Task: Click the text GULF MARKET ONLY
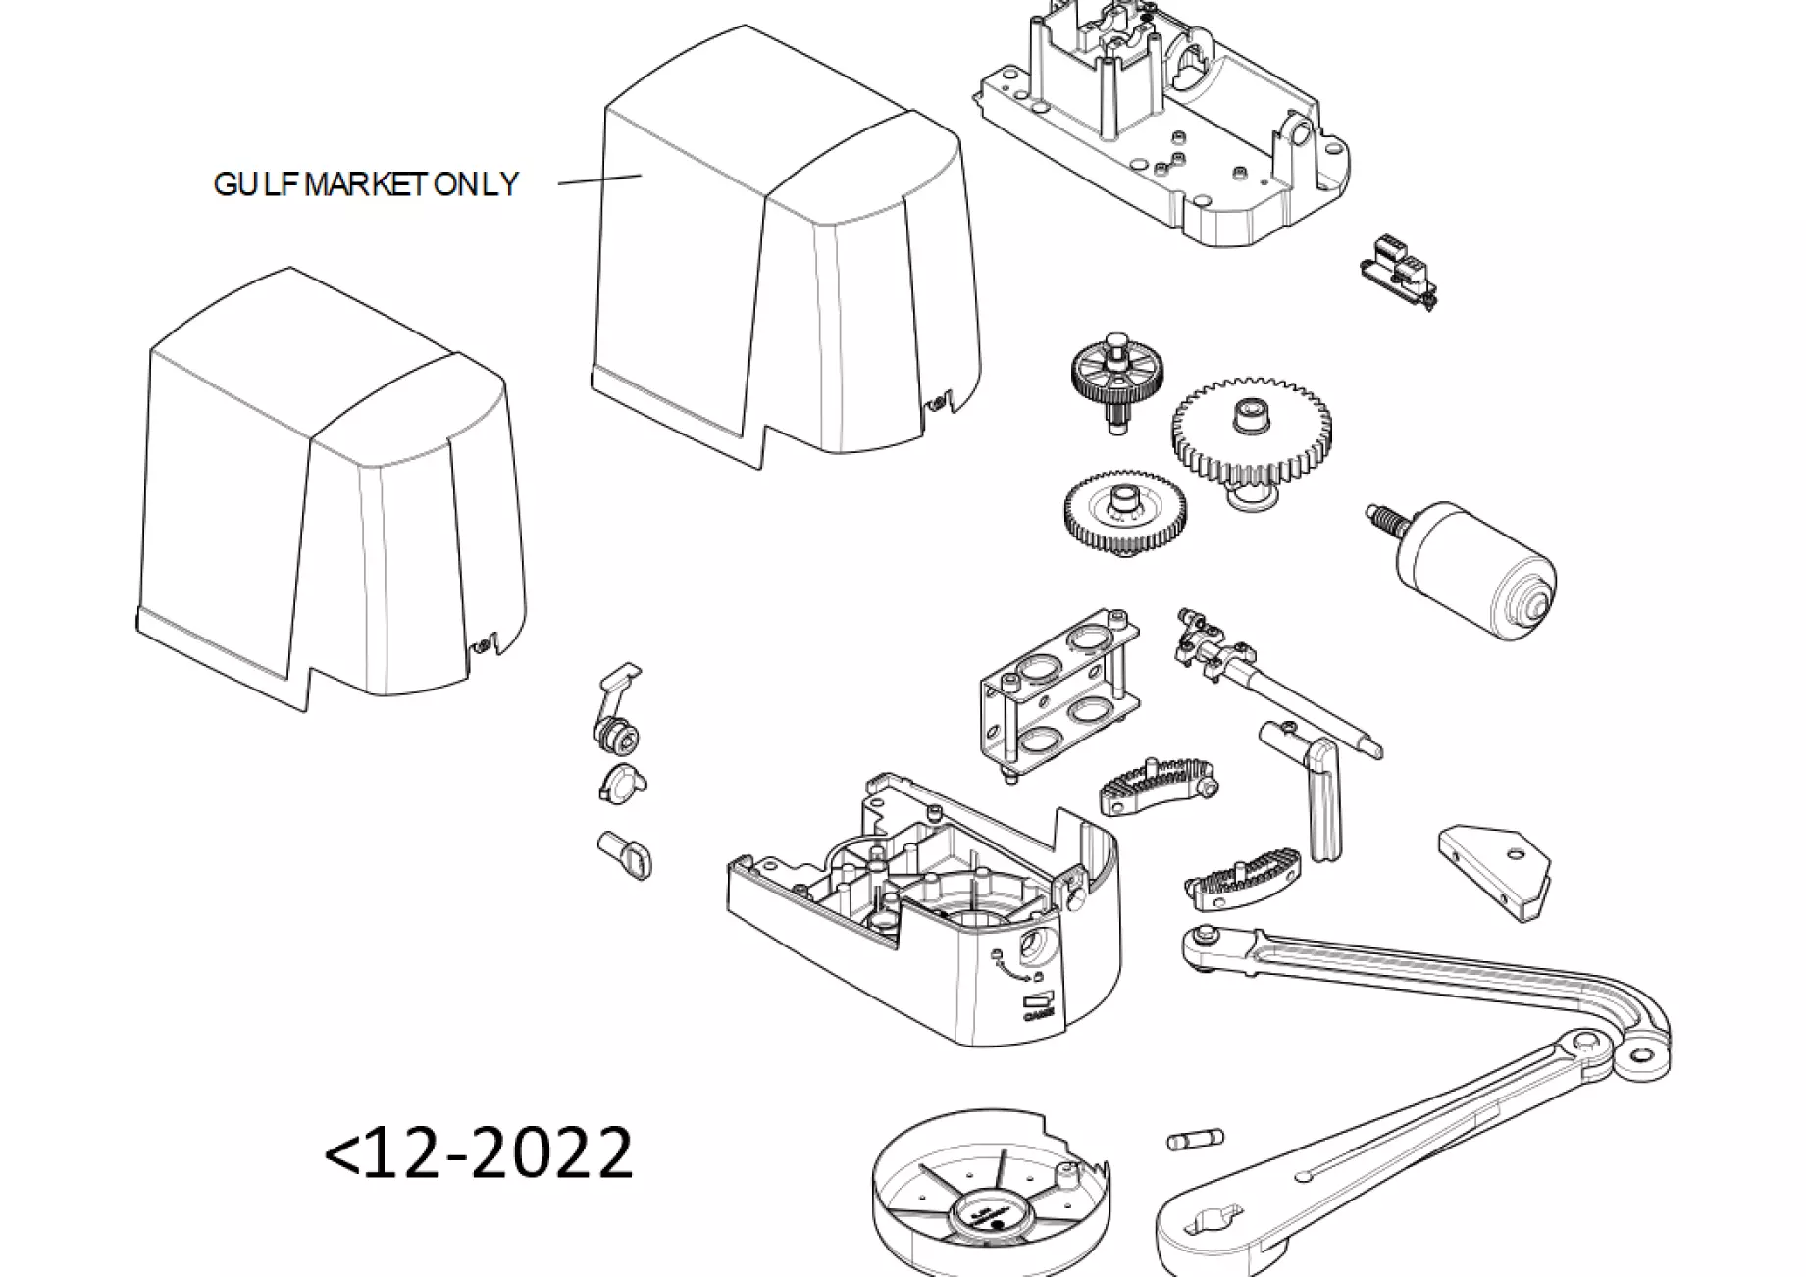(x=365, y=184)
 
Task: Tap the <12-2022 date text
(x=479, y=1152)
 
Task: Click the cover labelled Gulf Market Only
(x=785, y=265)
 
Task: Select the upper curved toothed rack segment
(x=1158, y=784)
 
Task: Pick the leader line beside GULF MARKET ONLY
(x=599, y=179)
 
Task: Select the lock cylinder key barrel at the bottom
(x=623, y=853)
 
